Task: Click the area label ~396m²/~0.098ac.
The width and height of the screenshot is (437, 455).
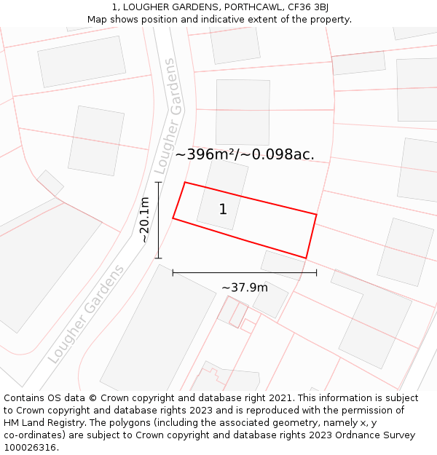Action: click(x=245, y=154)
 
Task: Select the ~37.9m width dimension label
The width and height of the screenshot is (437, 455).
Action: click(x=245, y=288)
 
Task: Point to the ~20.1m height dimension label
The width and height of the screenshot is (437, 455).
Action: click(x=144, y=220)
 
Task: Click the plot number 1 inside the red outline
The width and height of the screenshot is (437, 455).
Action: click(x=223, y=210)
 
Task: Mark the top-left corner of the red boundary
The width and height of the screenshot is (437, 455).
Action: click(x=185, y=182)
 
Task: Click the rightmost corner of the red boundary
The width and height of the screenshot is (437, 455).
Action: click(x=316, y=214)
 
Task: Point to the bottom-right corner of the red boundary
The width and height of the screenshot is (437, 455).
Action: click(x=306, y=258)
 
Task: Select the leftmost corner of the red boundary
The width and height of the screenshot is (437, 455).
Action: click(x=173, y=218)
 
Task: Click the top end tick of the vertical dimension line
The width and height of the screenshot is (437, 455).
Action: click(x=158, y=182)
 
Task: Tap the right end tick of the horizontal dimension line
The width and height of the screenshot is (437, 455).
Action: click(x=316, y=273)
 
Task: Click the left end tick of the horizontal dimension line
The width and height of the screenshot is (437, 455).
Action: click(x=173, y=273)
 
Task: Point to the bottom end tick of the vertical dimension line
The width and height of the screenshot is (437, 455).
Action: click(x=158, y=258)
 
